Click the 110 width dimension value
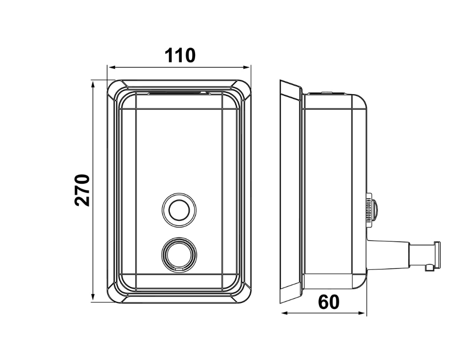coord(180,55)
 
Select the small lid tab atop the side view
coord(327,93)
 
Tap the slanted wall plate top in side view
coord(291,86)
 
